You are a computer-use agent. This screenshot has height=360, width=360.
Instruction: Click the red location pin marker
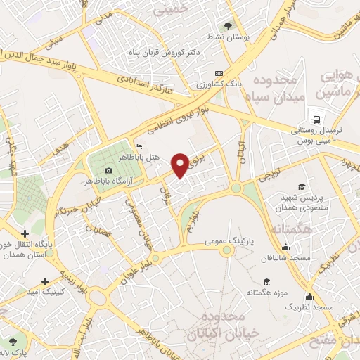pos(180,164)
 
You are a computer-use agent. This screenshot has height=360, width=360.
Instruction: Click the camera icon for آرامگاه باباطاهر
pos(108,171)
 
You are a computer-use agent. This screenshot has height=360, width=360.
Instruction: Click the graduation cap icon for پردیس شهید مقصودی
pos(302,186)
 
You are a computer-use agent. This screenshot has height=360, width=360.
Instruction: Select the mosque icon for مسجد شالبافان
pos(285,247)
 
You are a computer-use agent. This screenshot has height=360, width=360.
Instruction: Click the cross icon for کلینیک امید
pos(46,281)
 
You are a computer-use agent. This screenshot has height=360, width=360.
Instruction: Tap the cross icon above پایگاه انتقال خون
pos(25,233)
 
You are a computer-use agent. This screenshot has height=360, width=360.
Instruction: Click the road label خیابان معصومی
pos(135,215)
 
